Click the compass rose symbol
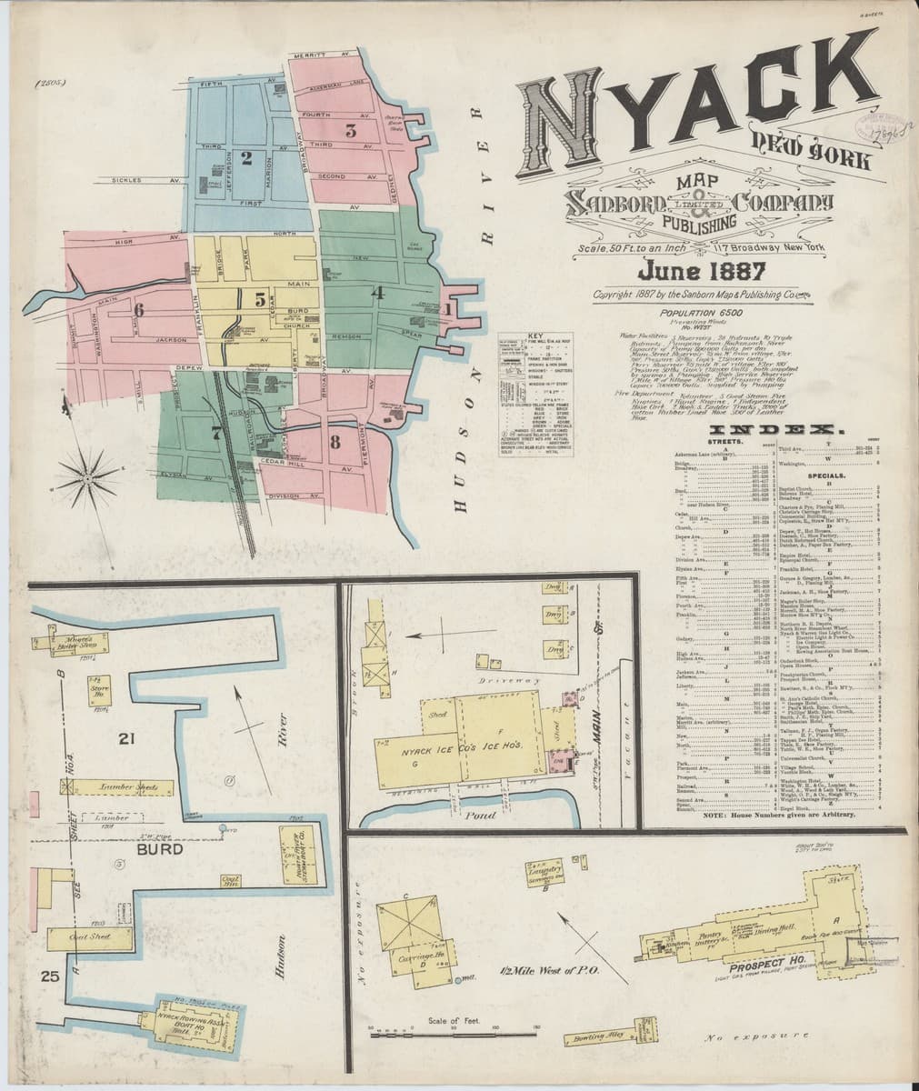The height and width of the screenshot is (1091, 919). click(x=91, y=473)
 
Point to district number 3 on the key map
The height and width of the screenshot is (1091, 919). click(x=350, y=130)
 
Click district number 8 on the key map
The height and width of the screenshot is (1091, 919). click(x=335, y=443)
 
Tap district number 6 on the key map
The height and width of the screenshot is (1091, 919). click(x=138, y=310)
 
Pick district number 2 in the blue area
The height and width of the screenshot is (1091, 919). click(x=245, y=157)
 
